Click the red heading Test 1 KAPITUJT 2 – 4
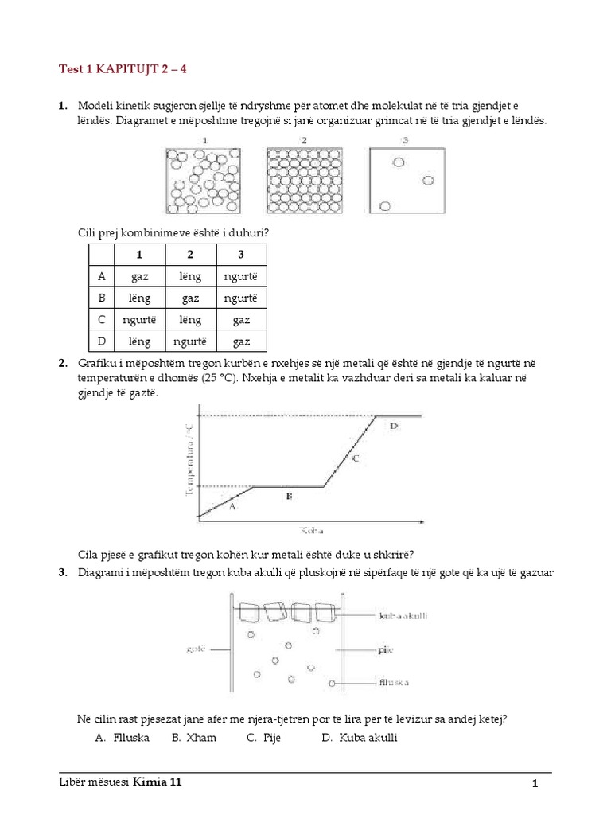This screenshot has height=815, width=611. point(123,69)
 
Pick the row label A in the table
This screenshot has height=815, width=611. point(101,277)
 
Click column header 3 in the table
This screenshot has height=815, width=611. point(240,255)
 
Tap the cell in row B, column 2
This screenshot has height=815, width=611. point(190,298)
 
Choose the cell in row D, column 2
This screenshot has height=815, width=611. point(190,341)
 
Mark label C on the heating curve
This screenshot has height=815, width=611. point(356,458)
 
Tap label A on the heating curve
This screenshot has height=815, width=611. point(232,506)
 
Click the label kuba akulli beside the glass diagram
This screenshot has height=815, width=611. point(404,615)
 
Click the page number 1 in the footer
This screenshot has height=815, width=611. point(535,784)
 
